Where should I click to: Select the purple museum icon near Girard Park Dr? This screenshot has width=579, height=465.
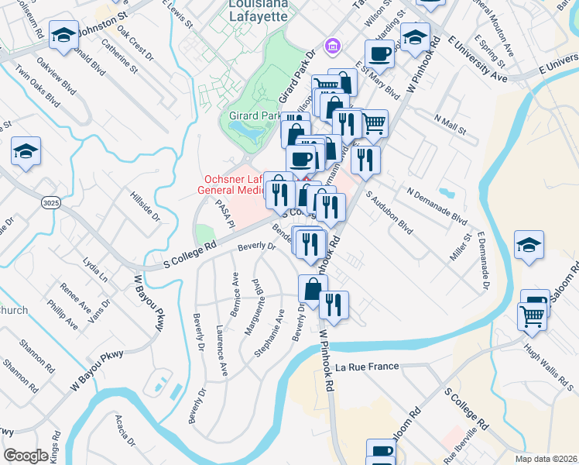pyautogui.click(x=333, y=47)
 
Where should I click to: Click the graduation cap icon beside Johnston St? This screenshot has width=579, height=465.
pyautogui.click(x=63, y=35)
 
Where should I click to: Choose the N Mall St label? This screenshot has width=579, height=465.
pyautogui.click(x=451, y=124)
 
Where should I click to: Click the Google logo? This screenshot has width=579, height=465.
pyautogui.click(x=26, y=456)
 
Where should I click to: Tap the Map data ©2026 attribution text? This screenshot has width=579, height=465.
pyautogui.click(x=546, y=459)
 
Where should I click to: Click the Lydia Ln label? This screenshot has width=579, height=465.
pyautogui.click(x=95, y=267)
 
